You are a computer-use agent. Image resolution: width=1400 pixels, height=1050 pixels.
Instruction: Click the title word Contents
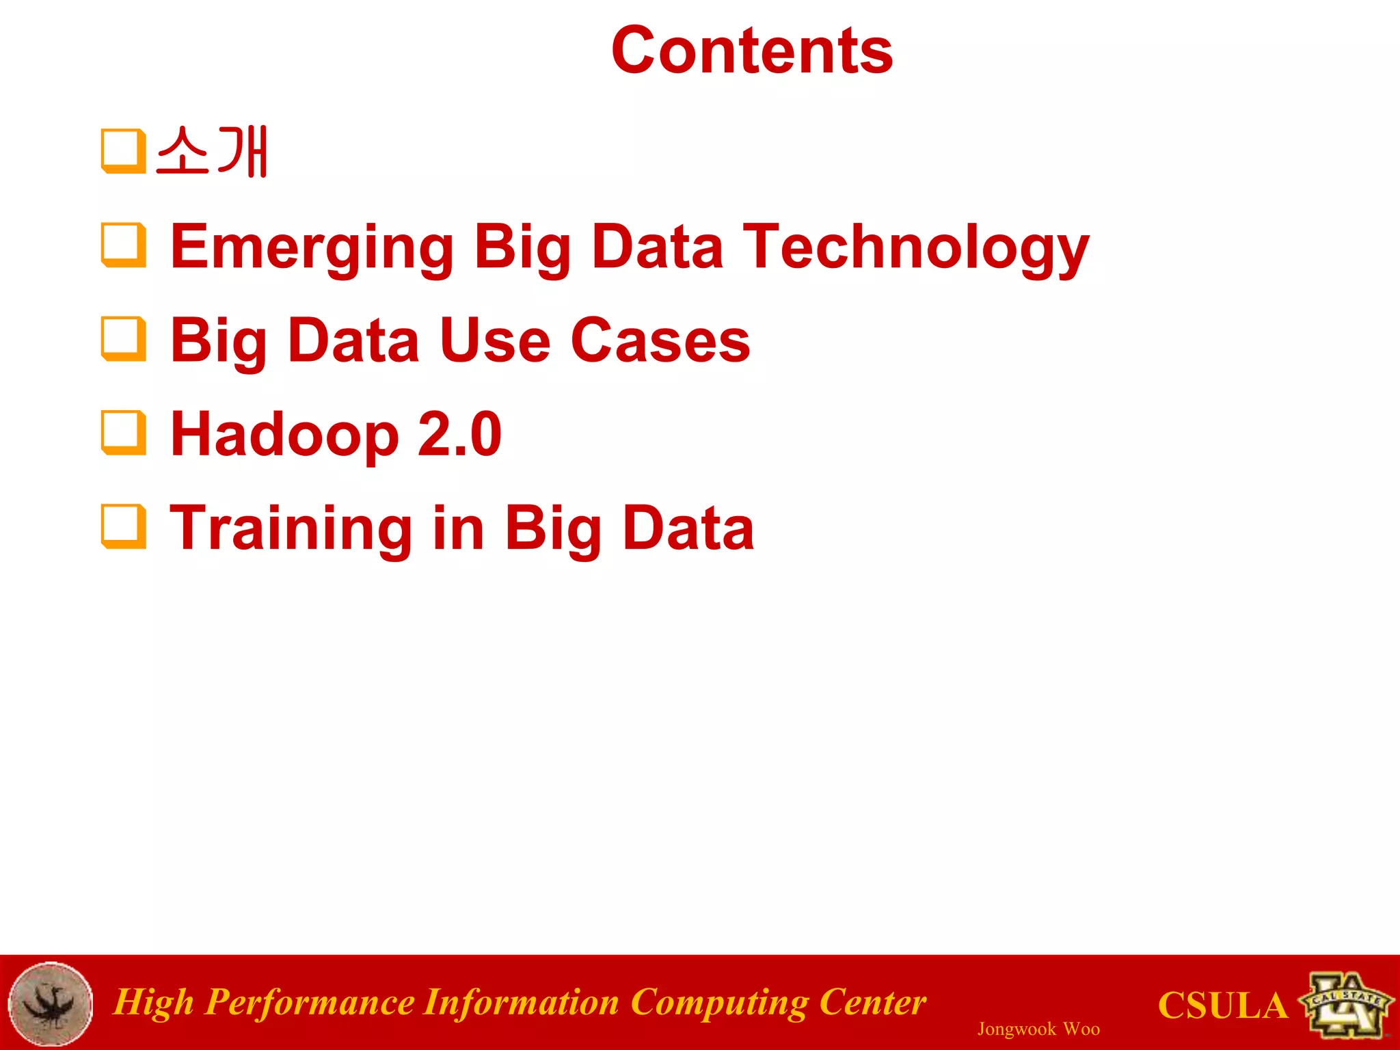(x=752, y=51)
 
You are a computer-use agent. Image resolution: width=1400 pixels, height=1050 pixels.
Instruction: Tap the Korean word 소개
(x=212, y=152)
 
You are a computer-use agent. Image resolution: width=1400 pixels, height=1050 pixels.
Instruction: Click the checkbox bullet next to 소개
(x=124, y=151)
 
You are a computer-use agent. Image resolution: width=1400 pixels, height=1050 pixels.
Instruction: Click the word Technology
(x=915, y=247)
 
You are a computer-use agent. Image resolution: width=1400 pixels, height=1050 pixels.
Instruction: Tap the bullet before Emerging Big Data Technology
(x=124, y=245)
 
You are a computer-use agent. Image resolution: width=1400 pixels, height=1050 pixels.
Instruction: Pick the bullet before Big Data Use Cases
(x=124, y=338)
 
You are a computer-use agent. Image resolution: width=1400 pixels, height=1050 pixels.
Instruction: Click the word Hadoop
(x=284, y=435)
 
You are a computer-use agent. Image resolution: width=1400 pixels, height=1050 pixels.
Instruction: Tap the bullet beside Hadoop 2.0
(x=124, y=432)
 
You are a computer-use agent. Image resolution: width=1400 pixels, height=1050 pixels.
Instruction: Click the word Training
(x=291, y=528)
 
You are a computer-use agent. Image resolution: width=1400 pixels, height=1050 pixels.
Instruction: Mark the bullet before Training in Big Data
(x=124, y=526)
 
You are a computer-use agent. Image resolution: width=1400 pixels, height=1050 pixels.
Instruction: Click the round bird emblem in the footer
(x=51, y=1004)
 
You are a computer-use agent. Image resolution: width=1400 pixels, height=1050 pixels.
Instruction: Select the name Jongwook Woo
(x=1038, y=1029)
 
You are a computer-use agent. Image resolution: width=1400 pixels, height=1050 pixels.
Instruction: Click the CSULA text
(x=1222, y=1006)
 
